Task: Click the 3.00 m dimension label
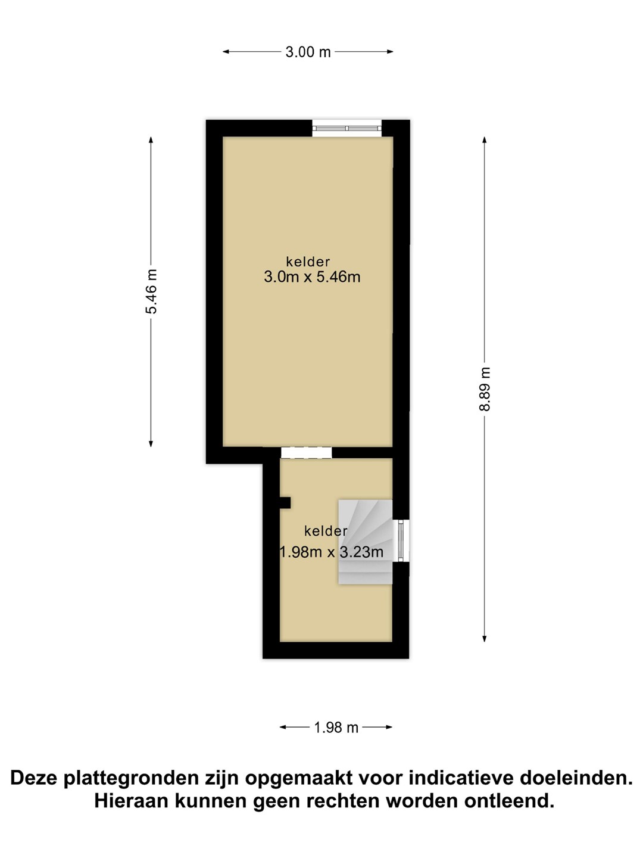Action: coord(308,52)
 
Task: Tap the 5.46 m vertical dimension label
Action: coord(151,291)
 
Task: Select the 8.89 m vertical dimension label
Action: coord(484,389)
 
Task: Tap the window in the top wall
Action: coord(347,128)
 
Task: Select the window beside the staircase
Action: coord(401,540)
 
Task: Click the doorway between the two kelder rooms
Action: coord(306,452)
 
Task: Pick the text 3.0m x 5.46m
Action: coord(312,277)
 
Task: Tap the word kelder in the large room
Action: coord(308,261)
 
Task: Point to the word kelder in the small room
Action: coord(326,531)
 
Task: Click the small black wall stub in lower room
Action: coord(285,503)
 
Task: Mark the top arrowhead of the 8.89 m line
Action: coord(484,140)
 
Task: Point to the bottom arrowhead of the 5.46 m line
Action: coord(151,444)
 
